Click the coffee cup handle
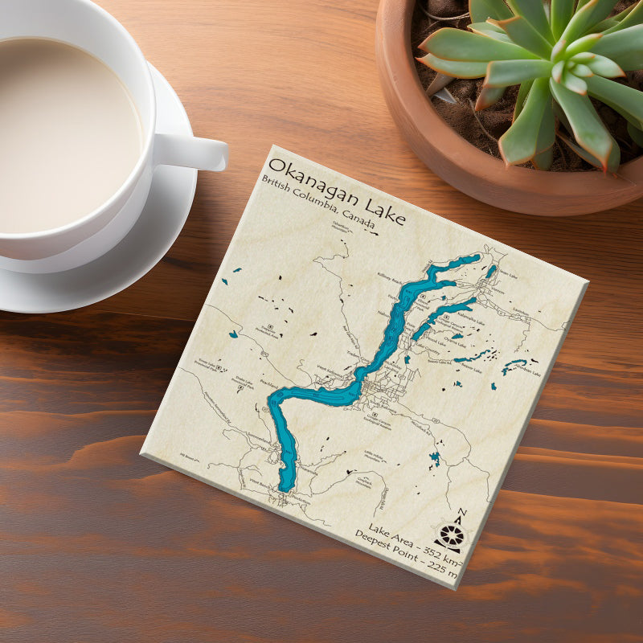pyautogui.click(x=193, y=151)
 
